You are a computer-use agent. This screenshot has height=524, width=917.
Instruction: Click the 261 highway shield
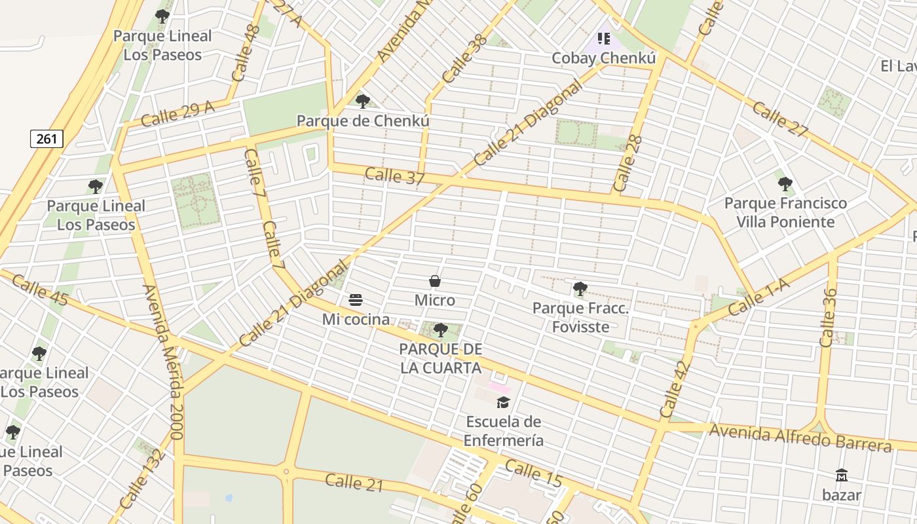pyautogui.click(x=47, y=139)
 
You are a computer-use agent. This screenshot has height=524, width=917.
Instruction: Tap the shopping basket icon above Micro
pyautogui.click(x=434, y=282)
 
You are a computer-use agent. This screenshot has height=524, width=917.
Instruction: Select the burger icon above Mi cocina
pyautogui.click(x=356, y=301)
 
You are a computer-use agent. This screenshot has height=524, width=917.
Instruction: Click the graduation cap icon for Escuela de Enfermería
pyautogui.click(x=503, y=402)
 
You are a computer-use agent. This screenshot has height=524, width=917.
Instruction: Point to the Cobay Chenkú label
pyautogui.click(x=603, y=58)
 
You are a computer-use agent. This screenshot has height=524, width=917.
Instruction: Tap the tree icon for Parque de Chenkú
pyautogui.click(x=362, y=102)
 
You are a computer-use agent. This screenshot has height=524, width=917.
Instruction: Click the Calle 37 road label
pyautogui.click(x=394, y=176)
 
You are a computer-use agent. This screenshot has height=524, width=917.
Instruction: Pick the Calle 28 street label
pyautogui.click(x=628, y=163)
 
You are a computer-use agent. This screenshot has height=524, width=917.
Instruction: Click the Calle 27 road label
pyautogui.click(x=779, y=119)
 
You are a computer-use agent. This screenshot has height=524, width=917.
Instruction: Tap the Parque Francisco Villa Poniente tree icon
pyautogui.click(x=785, y=184)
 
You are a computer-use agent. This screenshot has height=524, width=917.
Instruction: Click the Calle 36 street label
pyautogui.click(x=828, y=318)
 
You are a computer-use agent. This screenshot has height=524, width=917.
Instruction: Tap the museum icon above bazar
pyautogui.click(x=842, y=475)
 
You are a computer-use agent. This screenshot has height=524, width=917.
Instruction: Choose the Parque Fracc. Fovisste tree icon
pyautogui.click(x=580, y=289)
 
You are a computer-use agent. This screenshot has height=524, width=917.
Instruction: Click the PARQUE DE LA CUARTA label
pyautogui.click(x=440, y=358)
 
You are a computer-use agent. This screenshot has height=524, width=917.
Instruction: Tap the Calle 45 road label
pyautogui.click(x=39, y=290)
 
